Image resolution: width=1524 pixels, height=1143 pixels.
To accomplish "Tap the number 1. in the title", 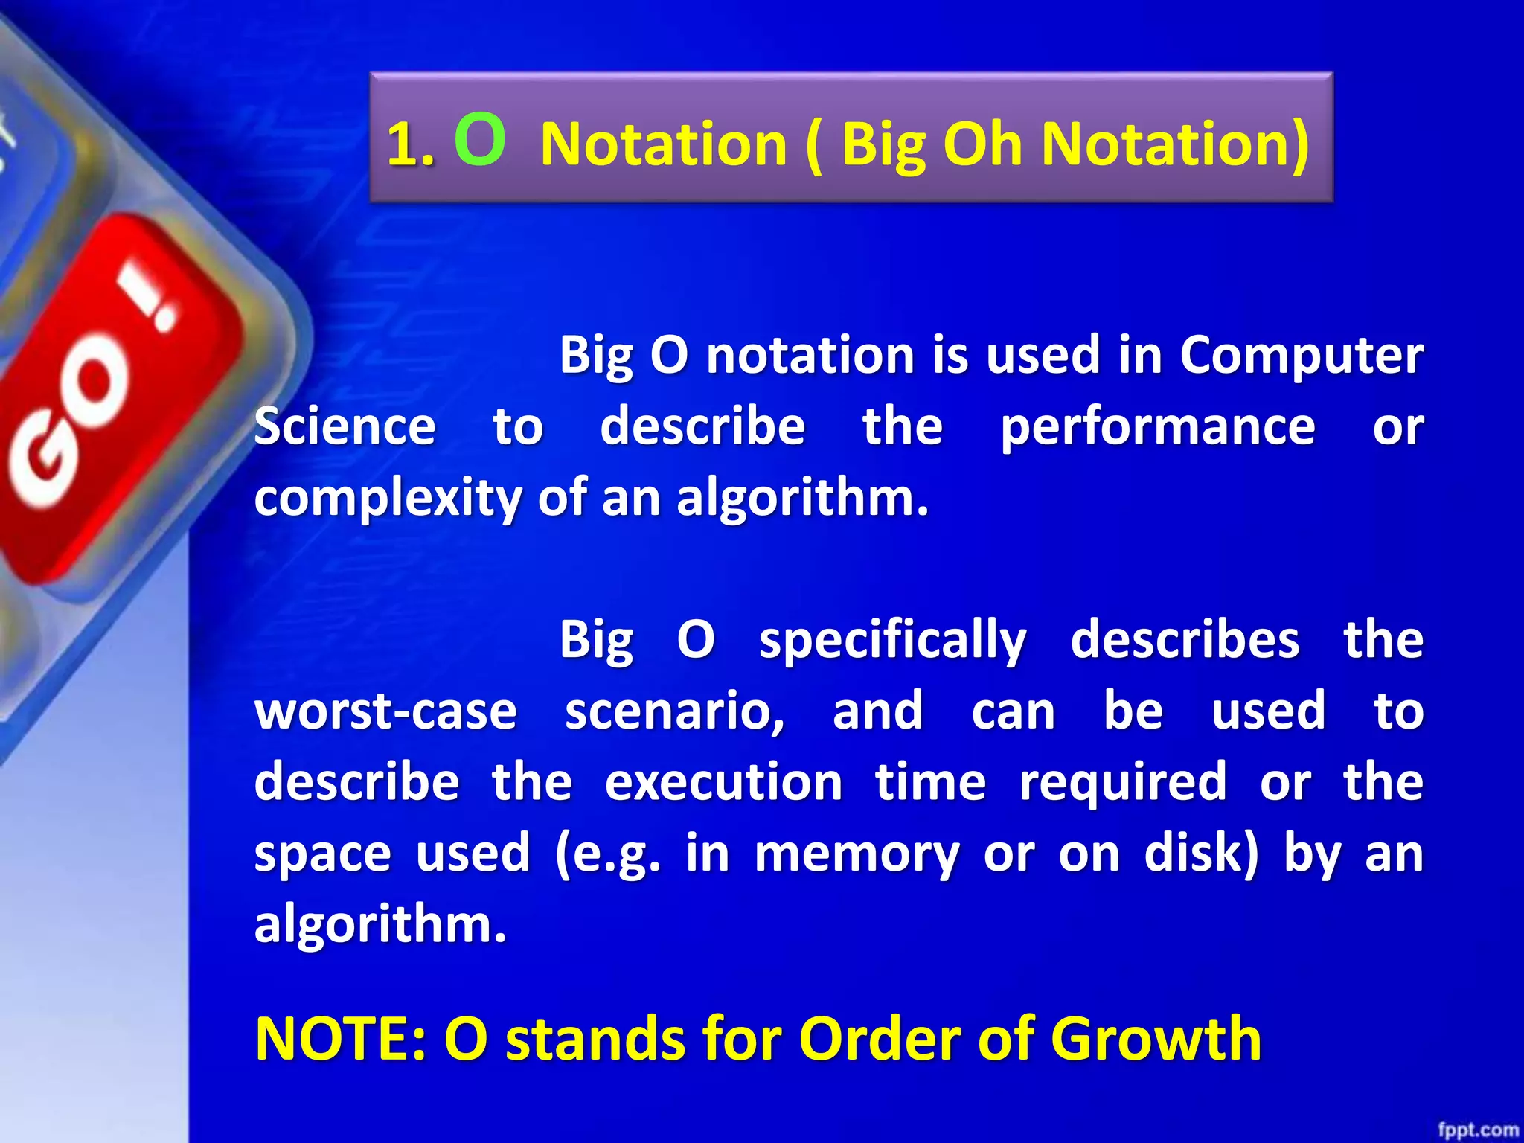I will (411, 144).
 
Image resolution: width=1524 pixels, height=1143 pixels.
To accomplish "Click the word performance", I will (1157, 428).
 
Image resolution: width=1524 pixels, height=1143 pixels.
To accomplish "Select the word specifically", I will (892, 640).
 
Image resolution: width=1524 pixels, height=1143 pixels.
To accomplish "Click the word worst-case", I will (385, 711).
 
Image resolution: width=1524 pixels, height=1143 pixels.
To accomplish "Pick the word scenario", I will (674, 711).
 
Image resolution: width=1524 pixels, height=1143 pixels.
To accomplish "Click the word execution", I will (723, 781).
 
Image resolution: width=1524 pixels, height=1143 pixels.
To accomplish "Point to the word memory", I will (857, 854).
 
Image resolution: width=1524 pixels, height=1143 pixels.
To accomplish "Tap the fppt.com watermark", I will (1477, 1130).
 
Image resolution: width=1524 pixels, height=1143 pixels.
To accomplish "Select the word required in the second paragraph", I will (1122, 783).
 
